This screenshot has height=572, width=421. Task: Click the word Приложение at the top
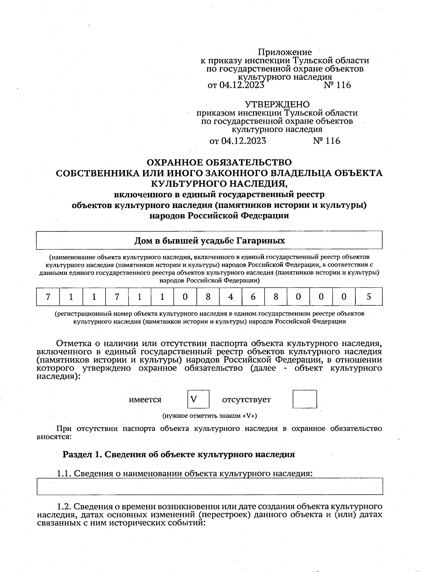click(285, 52)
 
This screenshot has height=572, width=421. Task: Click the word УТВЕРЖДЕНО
click(277, 104)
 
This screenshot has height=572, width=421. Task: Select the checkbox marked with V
click(198, 399)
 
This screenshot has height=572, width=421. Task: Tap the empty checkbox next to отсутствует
click(305, 399)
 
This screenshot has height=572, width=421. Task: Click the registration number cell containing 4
click(230, 297)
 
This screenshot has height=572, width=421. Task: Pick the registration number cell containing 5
click(369, 297)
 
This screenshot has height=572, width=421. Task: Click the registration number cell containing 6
click(253, 297)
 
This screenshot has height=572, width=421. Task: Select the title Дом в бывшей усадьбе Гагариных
click(209, 241)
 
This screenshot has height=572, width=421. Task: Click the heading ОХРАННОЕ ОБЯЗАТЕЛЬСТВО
click(219, 163)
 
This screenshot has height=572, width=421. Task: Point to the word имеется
click(145, 400)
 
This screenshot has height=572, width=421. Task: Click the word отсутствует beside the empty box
click(246, 400)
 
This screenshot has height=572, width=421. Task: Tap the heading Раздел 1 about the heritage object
click(179, 454)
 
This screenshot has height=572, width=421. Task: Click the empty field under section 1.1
click(209, 486)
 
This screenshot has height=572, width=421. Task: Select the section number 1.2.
click(64, 506)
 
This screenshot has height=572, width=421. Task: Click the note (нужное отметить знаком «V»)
click(209, 416)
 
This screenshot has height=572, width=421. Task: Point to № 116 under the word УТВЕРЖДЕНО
click(326, 141)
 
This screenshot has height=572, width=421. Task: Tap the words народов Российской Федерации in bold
click(219, 215)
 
